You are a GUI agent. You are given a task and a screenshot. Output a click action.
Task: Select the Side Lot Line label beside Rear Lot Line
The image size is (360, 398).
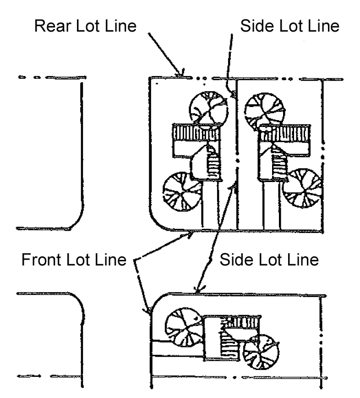click(x=289, y=26)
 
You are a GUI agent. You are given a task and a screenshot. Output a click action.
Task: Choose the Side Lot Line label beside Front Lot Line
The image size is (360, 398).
click(x=269, y=260)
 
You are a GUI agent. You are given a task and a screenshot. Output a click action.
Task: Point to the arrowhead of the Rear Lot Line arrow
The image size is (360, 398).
click(x=183, y=74)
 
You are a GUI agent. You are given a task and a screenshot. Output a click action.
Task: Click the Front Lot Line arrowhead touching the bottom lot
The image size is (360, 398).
click(x=147, y=313)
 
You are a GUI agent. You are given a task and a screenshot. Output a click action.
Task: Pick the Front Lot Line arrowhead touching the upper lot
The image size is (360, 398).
click(x=191, y=233)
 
